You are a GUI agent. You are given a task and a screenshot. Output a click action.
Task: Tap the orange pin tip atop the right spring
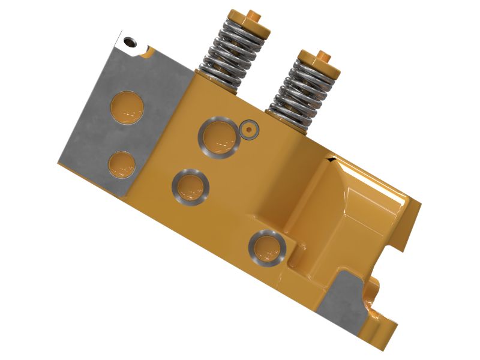coord(322,56)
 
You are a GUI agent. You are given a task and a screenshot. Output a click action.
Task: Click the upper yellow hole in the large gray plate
coord(128,107)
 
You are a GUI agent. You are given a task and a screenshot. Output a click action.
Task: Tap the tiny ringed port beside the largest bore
coord(248,128)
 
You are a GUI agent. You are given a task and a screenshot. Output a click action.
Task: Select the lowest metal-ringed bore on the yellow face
coord(267,247)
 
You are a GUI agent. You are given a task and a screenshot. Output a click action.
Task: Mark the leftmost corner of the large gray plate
coord(58,163)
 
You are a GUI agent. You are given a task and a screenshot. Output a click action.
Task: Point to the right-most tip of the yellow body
coord(421,203)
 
